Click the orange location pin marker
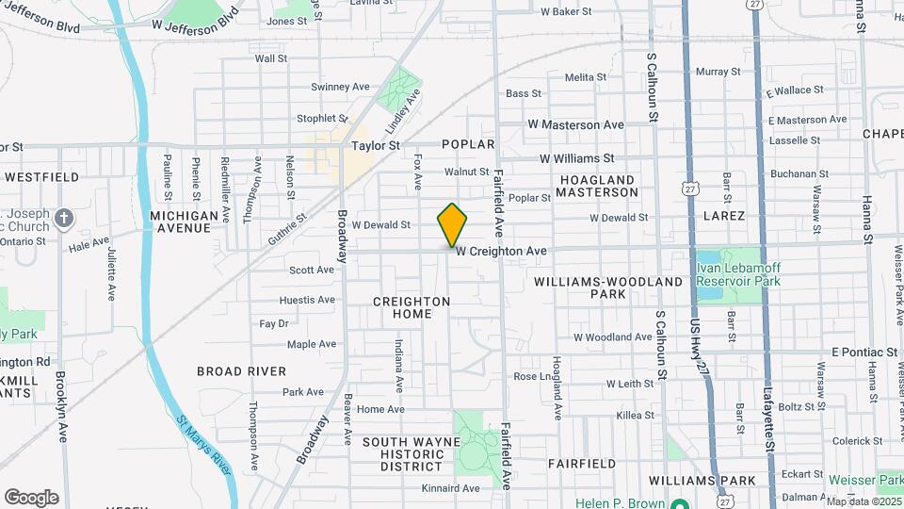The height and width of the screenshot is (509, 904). tap(452, 224)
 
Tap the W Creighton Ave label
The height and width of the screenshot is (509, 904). tap(501, 252)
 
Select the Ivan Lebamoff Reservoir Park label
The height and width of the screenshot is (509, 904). tap(738, 274)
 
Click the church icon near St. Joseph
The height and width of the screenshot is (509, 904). tap(63, 220)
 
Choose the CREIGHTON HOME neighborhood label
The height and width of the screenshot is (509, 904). tap(412, 307)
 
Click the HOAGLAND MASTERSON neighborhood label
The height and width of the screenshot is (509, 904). tap(597, 186)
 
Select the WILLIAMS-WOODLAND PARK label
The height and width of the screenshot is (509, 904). tap(608, 287)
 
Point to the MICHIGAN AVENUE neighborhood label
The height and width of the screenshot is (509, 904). tap(184, 222)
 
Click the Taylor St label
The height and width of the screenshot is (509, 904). tap(376, 146)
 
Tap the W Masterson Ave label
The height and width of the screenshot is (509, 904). tap(575, 124)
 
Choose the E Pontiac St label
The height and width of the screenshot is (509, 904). tap(864, 352)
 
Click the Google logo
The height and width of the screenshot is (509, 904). tap(31, 498)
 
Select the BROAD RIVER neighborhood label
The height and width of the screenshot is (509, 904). tap(241, 371)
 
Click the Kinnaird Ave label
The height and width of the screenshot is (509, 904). tap(452, 488)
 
